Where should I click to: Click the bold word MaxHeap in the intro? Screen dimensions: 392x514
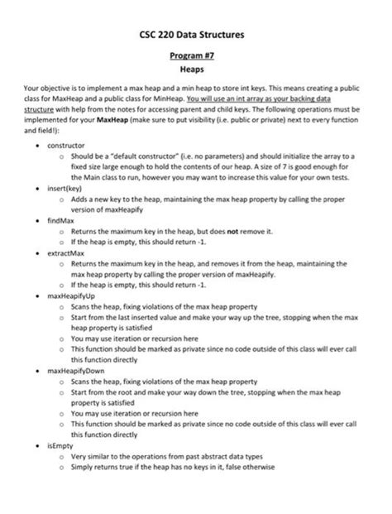pos(113,119)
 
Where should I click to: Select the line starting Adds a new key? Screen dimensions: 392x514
pos(198,199)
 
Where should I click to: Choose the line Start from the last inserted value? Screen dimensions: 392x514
pos(207,317)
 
